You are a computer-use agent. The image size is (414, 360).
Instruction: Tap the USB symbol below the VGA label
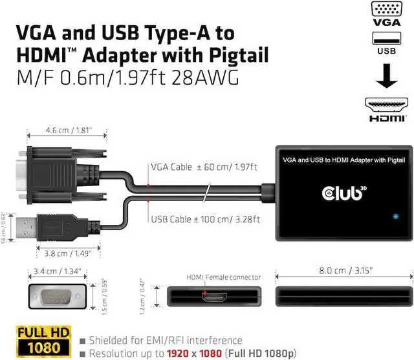pos(387,48)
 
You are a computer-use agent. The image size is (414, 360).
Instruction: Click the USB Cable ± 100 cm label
pos(205,219)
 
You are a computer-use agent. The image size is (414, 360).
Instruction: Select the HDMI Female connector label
pos(224,277)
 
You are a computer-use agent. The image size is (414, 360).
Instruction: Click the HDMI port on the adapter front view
pos(214,299)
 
